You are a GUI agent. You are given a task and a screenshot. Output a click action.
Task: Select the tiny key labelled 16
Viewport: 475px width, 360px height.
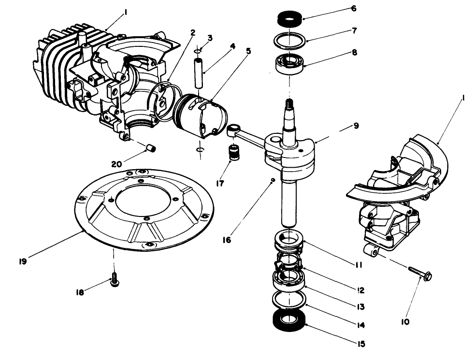[273, 180]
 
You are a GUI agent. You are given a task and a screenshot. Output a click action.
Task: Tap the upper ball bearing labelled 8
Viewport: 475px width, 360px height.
[289, 63]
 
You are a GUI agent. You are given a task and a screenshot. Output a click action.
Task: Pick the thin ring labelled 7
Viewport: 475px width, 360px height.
[289, 40]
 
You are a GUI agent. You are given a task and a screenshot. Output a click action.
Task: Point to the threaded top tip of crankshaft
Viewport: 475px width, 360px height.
[289, 103]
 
